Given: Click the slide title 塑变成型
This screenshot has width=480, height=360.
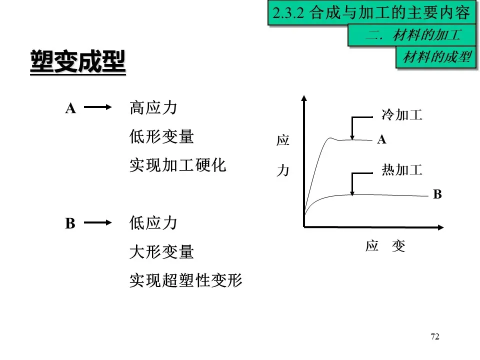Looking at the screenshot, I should click(x=77, y=62).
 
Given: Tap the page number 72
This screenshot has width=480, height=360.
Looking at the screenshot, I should click(x=434, y=336).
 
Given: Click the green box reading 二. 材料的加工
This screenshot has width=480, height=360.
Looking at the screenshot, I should click(x=413, y=35).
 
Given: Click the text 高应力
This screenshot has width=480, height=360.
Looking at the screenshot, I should click(x=153, y=107).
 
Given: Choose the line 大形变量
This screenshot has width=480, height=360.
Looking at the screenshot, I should click(x=161, y=252).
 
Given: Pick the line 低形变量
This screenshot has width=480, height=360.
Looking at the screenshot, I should click(x=161, y=136).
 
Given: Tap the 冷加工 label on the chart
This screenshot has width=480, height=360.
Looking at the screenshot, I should click(x=401, y=115).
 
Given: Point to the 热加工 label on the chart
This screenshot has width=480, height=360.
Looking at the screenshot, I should click(x=401, y=170).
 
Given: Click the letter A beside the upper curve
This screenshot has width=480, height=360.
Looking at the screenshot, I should click(x=382, y=140).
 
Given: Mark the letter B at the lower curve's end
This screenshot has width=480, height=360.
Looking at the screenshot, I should click(x=437, y=194).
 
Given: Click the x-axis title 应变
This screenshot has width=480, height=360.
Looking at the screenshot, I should click(x=385, y=246).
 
